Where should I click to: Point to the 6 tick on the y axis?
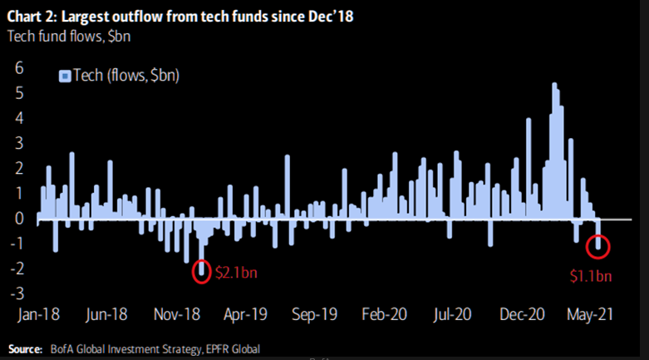coord(18,68)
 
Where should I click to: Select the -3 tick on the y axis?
coord(16,293)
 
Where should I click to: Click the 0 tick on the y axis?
coord(18,218)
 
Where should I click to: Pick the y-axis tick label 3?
coord(18,143)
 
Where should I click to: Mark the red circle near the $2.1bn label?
coord(201,271)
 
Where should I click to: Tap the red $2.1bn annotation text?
coord(237,272)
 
